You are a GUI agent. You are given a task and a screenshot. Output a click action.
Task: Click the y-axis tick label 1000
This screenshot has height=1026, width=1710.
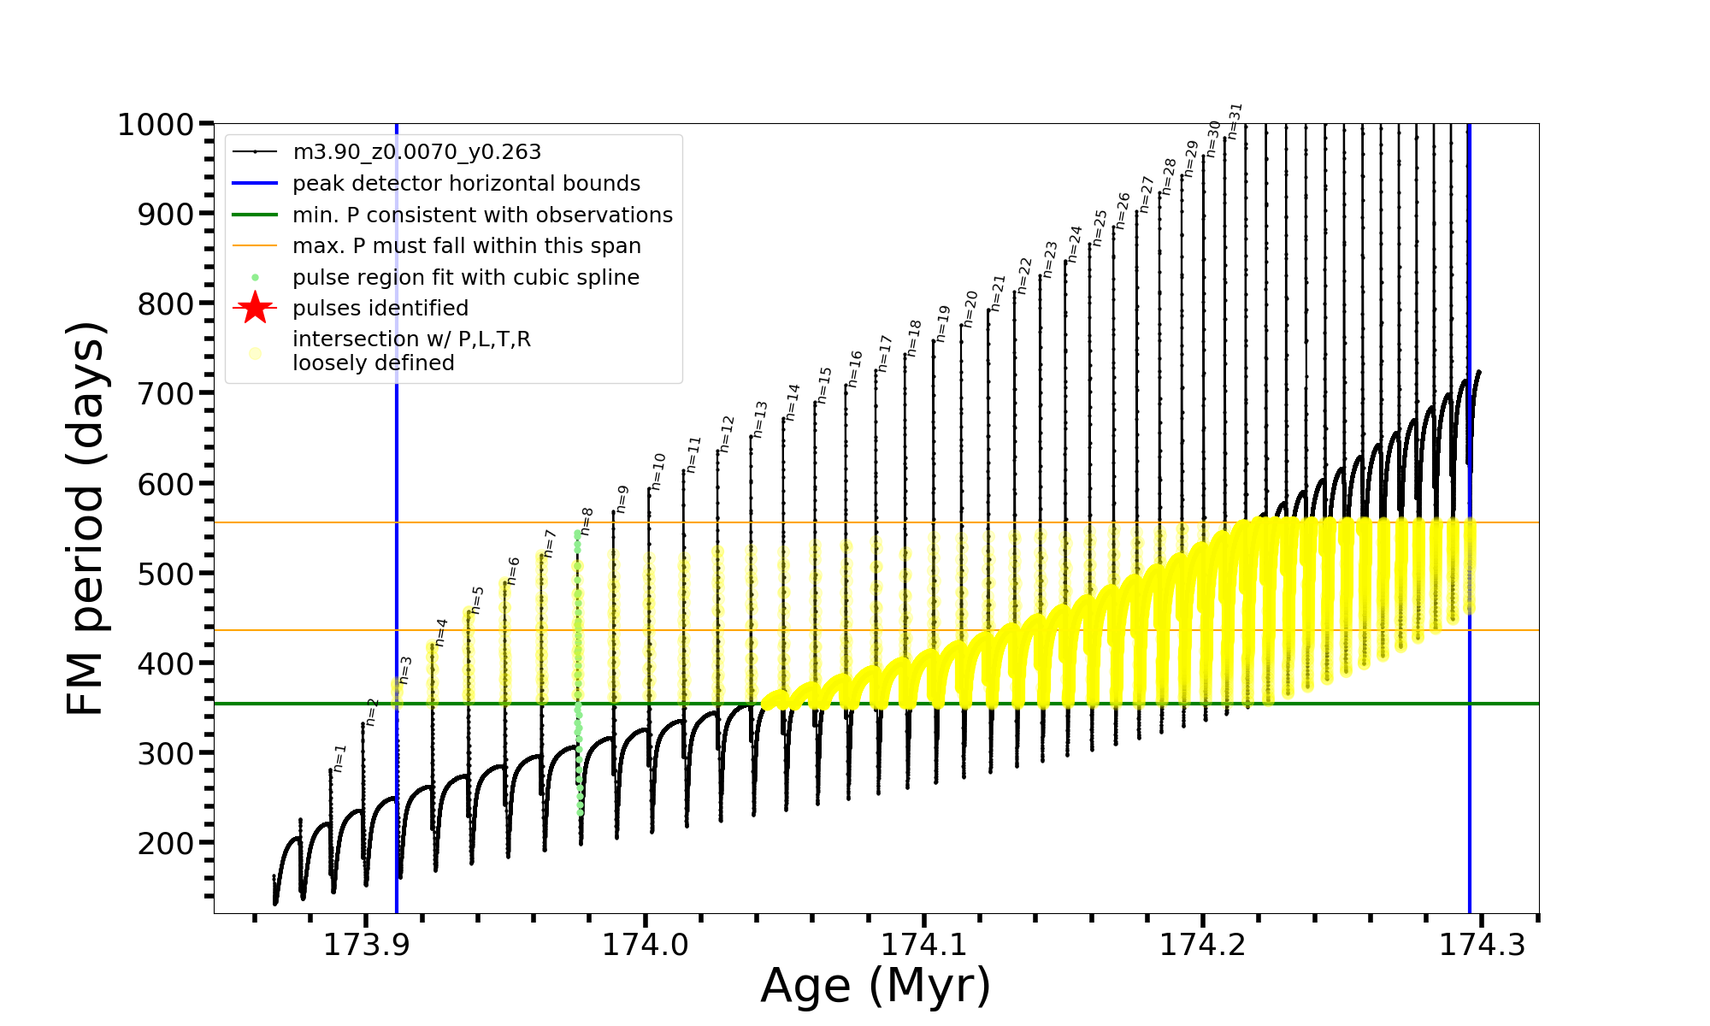click(156, 125)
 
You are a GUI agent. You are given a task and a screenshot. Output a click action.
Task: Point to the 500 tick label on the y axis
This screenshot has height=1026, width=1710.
click(167, 574)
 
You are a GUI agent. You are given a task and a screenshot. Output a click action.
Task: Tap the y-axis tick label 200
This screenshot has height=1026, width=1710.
click(167, 843)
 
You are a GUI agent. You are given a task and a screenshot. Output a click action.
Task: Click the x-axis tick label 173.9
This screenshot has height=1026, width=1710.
click(366, 945)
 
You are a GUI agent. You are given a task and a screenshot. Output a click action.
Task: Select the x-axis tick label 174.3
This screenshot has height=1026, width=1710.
click(1482, 945)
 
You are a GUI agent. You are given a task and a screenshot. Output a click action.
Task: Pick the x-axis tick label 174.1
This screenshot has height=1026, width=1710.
click(924, 945)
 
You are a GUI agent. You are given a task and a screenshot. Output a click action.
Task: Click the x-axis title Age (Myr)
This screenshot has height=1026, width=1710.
click(876, 986)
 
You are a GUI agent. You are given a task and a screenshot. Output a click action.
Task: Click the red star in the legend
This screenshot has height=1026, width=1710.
click(255, 309)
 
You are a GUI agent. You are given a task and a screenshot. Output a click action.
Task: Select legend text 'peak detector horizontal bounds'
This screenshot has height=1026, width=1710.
click(466, 184)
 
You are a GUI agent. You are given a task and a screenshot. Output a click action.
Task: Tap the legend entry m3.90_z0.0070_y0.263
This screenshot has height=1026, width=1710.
click(416, 152)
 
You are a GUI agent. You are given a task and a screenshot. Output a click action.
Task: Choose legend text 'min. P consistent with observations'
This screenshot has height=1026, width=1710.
click(482, 215)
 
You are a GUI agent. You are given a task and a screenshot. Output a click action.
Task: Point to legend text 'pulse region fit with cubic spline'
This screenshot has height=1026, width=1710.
click(465, 278)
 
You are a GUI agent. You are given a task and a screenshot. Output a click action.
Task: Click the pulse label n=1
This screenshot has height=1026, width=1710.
click(339, 758)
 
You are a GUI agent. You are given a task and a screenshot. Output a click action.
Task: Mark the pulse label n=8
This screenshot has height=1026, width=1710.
click(587, 521)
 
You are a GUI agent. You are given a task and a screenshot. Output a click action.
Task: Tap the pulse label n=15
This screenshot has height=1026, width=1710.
click(824, 386)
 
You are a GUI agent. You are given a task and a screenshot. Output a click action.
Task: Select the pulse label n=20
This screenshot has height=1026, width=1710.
click(970, 308)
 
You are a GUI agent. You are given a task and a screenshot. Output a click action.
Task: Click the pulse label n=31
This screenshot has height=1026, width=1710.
click(1235, 121)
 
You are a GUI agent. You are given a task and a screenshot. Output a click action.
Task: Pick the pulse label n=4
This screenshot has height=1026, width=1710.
click(441, 632)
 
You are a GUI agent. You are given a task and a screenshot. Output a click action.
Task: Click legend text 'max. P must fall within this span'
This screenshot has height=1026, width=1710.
click(466, 246)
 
